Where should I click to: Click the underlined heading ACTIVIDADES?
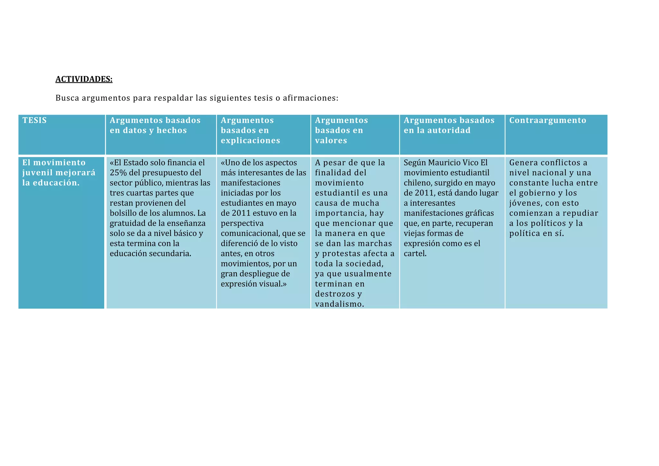(x=84, y=79)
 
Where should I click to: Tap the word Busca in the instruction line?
(x=67, y=98)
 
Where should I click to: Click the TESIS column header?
(x=34, y=120)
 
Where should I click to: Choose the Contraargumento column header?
(x=548, y=120)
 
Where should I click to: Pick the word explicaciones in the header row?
(x=250, y=141)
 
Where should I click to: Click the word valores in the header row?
(x=331, y=141)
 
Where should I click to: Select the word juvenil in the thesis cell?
(x=37, y=173)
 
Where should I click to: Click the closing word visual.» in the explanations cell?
(x=273, y=284)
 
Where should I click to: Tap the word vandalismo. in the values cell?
(x=339, y=304)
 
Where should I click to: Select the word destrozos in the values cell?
(x=335, y=294)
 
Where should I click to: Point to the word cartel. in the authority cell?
(x=415, y=254)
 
